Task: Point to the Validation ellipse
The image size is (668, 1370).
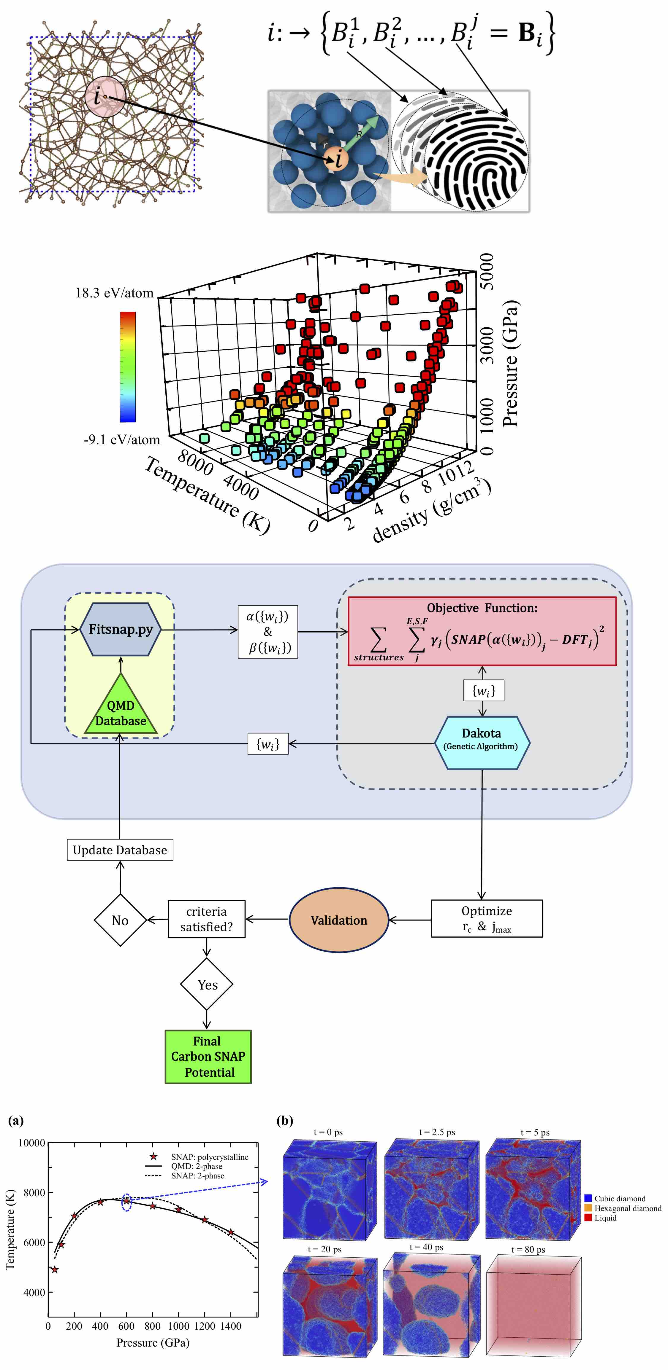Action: [x=338, y=920]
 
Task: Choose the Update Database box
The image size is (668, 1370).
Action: [x=120, y=850]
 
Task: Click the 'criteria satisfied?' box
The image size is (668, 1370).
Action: [x=207, y=919]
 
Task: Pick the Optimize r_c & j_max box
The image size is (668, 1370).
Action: [x=487, y=918]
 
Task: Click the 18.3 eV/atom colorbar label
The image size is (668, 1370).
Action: [x=114, y=293]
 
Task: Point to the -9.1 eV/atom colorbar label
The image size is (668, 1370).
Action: [x=122, y=440]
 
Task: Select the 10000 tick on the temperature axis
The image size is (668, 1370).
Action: [x=32, y=1143]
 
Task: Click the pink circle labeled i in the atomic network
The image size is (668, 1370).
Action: [x=105, y=97]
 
